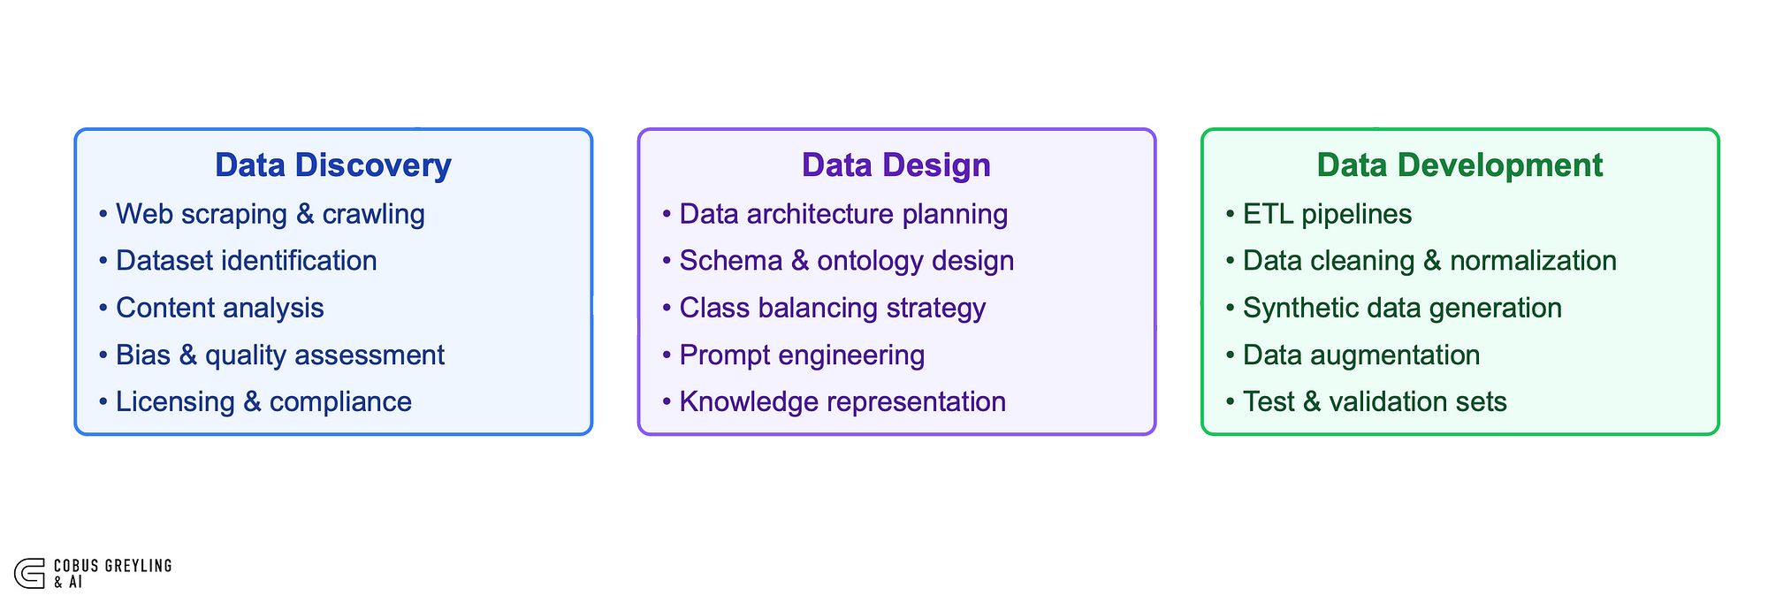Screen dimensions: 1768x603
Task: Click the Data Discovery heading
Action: [x=333, y=165]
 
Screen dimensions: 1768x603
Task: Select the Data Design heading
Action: [x=896, y=165]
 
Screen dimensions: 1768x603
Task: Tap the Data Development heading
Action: [x=1459, y=165]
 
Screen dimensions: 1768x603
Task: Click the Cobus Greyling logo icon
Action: [x=29, y=573]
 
